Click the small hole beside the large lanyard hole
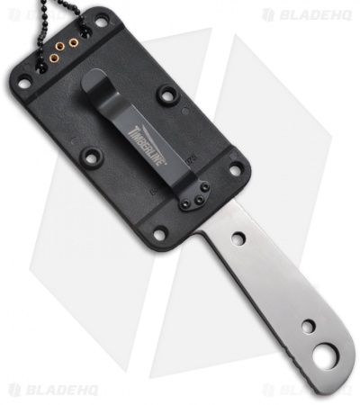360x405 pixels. point(308,326)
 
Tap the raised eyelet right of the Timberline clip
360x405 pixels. point(167,94)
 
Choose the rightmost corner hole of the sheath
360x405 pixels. point(235,168)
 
